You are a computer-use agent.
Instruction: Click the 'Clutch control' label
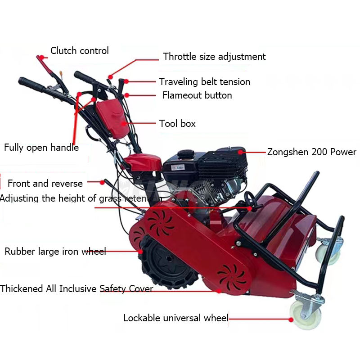coord(79,51)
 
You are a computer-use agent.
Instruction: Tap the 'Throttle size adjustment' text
coord(214,57)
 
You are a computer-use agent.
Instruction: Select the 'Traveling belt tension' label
coord(204,82)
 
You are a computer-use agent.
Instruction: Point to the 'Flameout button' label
coord(197,95)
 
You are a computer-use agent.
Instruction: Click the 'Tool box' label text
coord(177,124)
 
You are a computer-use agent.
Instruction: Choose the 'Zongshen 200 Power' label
coord(311,152)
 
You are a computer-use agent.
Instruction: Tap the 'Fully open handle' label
coord(41,148)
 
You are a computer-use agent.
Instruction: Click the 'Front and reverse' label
coord(45,184)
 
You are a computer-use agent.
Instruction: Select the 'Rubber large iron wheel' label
coord(55,252)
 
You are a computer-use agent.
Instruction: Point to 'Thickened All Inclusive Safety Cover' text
coord(76,289)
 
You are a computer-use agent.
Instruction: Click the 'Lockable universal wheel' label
coord(176,318)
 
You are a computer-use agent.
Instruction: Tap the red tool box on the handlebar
coord(111,120)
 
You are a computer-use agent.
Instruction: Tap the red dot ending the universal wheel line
coord(291,319)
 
